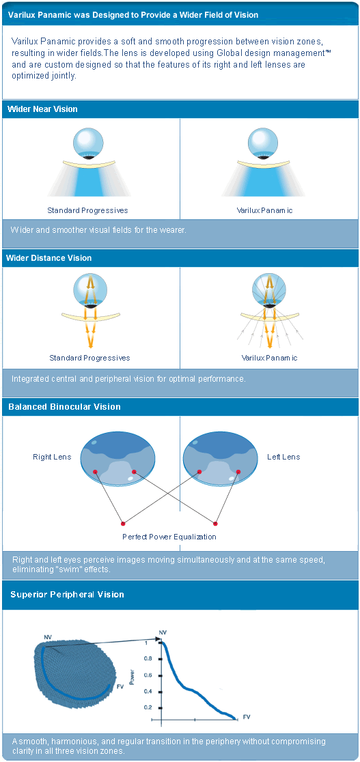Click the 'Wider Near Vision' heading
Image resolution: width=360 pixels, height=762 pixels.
pyautogui.click(x=42, y=109)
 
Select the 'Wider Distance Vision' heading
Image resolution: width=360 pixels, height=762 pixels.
pyautogui.click(x=49, y=257)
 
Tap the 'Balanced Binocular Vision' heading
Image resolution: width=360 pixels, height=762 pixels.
pyautogui.click(x=64, y=407)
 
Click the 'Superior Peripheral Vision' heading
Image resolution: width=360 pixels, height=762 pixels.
pyautogui.click(x=67, y=595)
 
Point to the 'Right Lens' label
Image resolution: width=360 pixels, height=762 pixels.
pyautogui.click(x=52, y=457)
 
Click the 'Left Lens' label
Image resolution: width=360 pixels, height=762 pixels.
pyautogui.click(x=283, y=457)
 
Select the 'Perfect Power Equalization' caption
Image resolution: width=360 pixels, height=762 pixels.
pyautogui.click(x=169, y=537)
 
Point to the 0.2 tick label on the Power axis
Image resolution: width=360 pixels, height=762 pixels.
pyautogui.click(x=148, y=707)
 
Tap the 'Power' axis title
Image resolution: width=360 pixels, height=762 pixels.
pyautogui.click(x=133, y=675)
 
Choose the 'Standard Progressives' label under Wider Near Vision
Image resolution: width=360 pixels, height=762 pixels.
pyautogui.click(x=87, y=210)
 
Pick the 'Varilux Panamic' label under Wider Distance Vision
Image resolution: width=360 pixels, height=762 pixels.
pyautogui.click(x=270, y=358)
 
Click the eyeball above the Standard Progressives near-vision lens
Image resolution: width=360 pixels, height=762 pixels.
pyautogui.click(x=88, y=143)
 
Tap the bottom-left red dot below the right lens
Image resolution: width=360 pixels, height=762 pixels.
pyautogui.click(x=123, y=524)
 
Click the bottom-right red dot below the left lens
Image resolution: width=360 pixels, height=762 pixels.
pyautogui.click(x=214, y=524)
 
